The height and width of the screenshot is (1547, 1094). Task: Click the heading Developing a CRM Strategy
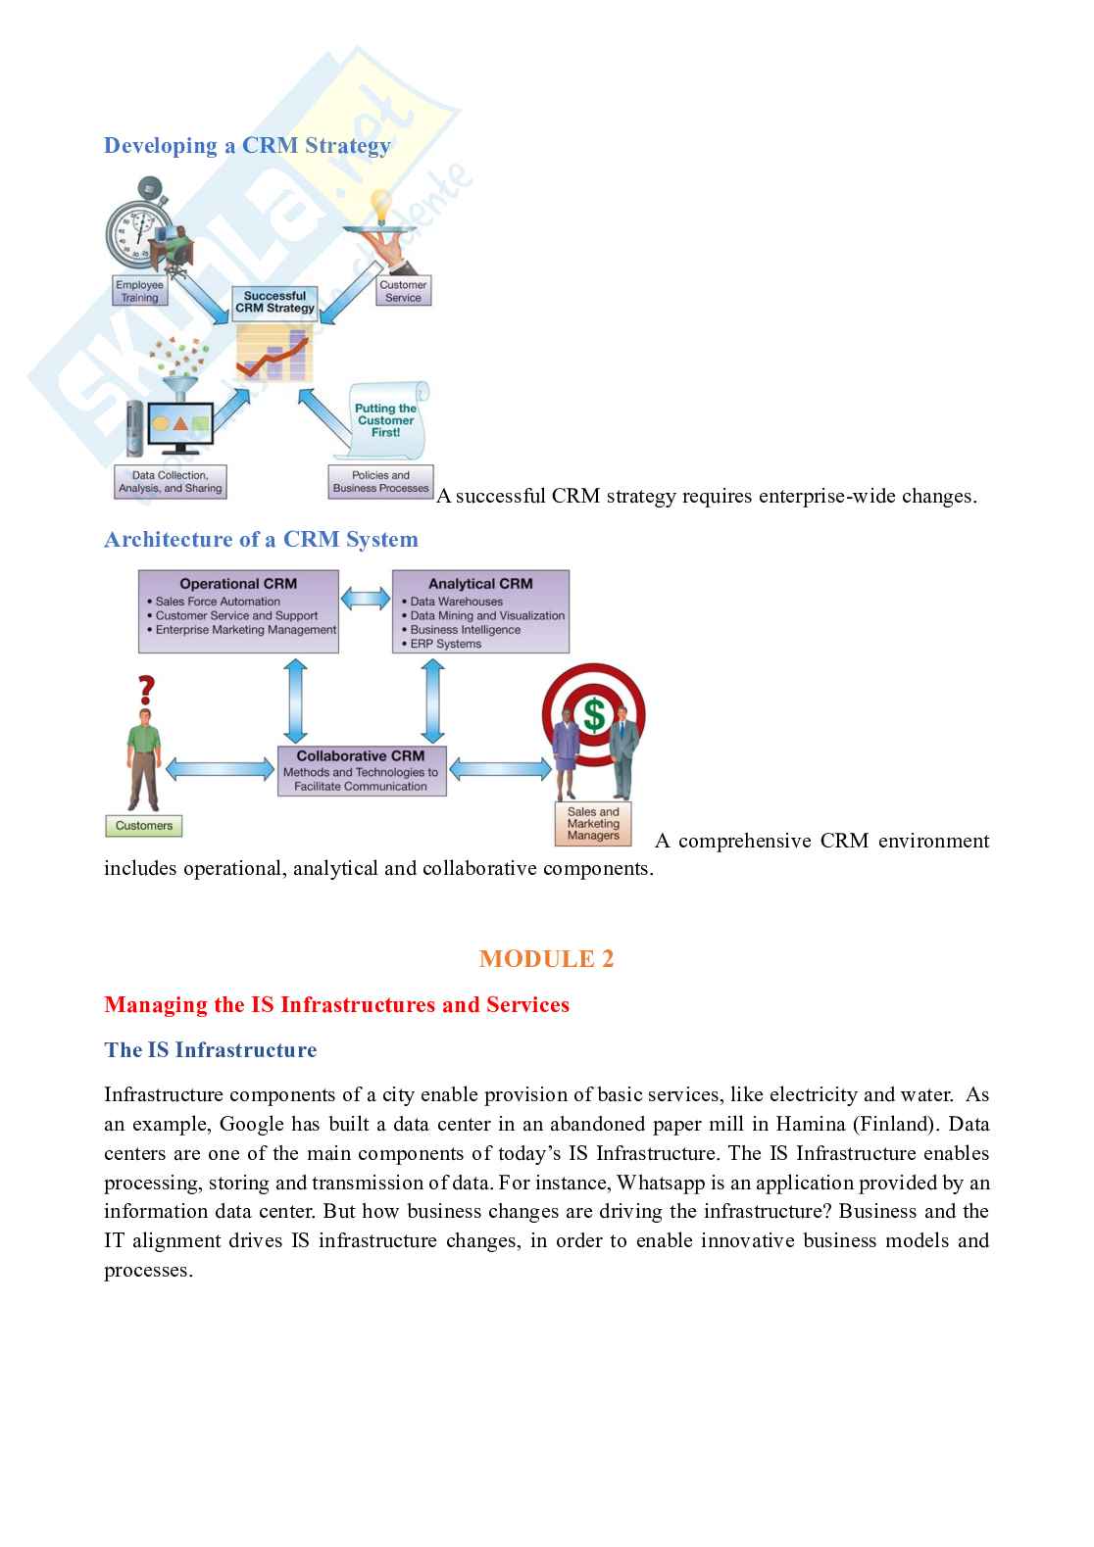[x=247, y=146]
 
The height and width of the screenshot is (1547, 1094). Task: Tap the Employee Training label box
[x=139, y=291]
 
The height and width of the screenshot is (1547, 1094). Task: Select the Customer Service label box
[x=403, y=291]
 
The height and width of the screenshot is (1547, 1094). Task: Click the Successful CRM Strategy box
[x=274, y=302]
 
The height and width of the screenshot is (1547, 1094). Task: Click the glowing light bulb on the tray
[x=379, y=207]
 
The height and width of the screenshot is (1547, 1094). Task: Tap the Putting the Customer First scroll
[x=385, y=420]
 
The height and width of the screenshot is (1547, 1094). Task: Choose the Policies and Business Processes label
[x=380, y=482]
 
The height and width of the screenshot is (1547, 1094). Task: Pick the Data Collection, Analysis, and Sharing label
[x=171, y=482]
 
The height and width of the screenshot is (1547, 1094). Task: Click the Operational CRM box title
[x=238, y=584]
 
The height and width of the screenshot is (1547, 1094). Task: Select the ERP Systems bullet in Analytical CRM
[x=445, y=644]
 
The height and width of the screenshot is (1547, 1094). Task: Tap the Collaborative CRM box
[x=361, y=771]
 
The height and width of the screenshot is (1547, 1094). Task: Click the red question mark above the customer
[x=146, y=690]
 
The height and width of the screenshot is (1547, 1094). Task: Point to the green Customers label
[x=144, y=826]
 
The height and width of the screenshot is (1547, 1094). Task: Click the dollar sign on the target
[x=593, y=714]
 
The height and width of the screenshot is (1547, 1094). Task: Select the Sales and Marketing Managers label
[x=593, y=824]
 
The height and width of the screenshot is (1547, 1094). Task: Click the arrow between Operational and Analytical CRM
[x=365, y=599]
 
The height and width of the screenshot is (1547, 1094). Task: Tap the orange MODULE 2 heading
[x=546, y=959]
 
